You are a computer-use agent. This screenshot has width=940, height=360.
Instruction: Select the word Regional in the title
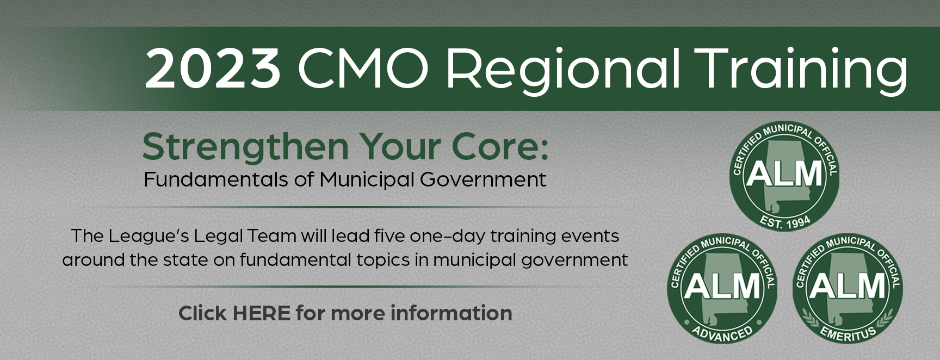563,71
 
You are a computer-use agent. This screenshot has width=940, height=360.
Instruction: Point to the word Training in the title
801,71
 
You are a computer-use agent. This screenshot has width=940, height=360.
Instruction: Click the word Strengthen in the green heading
245,148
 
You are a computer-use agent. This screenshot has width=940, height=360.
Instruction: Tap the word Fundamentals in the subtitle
216,179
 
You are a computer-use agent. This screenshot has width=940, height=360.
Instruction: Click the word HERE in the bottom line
261,313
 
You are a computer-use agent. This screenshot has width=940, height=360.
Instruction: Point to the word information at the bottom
451,313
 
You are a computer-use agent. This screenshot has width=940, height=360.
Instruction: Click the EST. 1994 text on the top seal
785,222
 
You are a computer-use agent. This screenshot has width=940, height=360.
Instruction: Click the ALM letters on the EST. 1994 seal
784,173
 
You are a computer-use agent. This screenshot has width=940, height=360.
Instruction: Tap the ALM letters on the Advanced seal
722,285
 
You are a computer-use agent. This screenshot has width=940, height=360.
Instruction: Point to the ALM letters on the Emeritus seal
848,285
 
